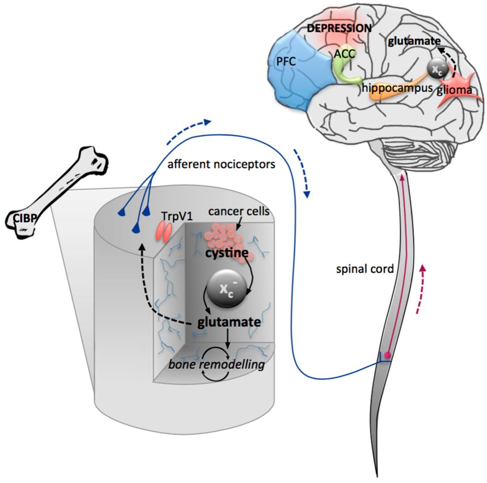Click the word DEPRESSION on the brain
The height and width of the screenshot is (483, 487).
[339, 28]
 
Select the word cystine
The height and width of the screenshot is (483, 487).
[226, 254]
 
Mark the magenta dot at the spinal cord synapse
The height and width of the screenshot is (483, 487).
[388, 355]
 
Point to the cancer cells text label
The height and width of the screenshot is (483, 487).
[238, 211]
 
